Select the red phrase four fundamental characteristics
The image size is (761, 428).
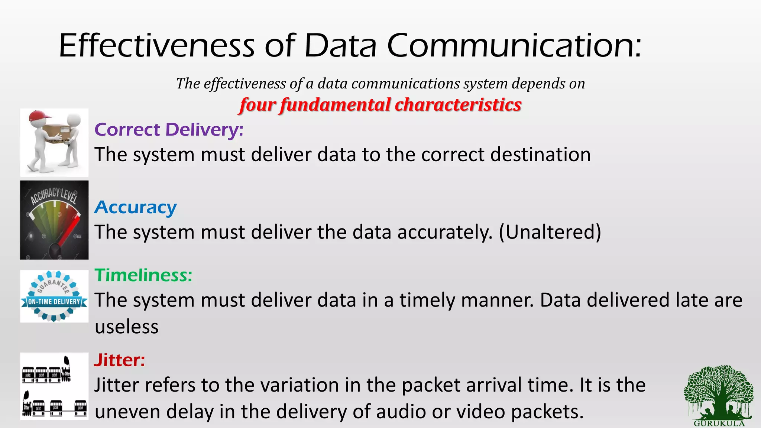[x=380, y=105]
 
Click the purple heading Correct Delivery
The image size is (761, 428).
[x=169, y=130]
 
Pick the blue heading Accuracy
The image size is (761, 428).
[x=135, y=207]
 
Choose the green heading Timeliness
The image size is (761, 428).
[x=143, y=275]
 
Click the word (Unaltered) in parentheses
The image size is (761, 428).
[x=550, y=232]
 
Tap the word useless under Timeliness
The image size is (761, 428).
[x=126, y=327]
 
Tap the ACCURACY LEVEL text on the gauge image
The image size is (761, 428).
[x=54, y=196]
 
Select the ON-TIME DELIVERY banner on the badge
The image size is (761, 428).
[x=54, y=302]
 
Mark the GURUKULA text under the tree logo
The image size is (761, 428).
[x=719, y=424]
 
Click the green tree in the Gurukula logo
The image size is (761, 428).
[x=718, y=390]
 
